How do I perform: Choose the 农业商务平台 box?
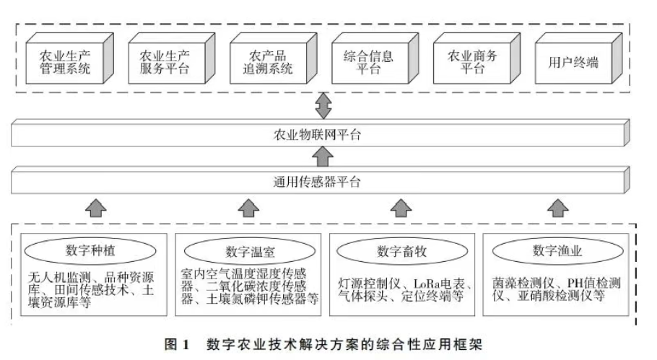(x=467, y=63)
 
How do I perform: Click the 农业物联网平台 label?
(x=324, y=136)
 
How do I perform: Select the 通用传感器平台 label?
(x=324, y=181)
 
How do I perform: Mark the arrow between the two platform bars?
(x=324, y=157)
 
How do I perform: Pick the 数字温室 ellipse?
(x=249, y=251)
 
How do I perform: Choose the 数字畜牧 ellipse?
(x=401, y=251)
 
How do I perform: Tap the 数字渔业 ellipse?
(x=557, y=250)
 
